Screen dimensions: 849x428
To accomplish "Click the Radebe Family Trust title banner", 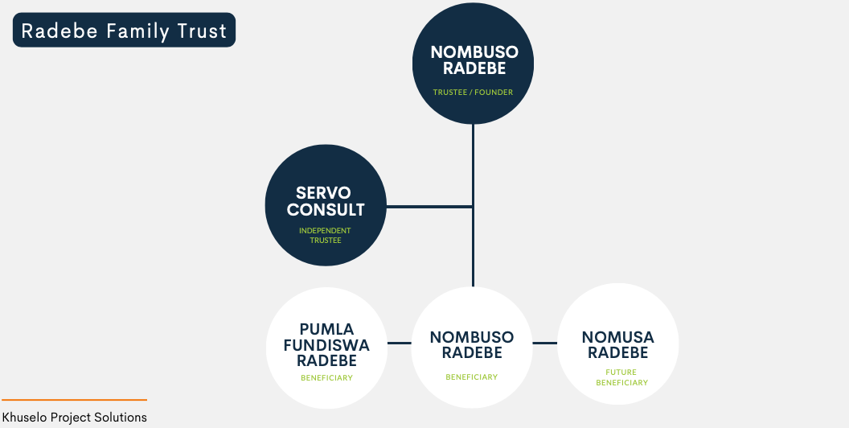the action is [124, 30].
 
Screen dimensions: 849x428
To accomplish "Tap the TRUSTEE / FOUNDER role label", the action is [473, 92].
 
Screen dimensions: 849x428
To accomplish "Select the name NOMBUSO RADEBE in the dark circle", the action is [474, 60].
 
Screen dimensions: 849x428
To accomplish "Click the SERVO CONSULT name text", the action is [326, 201].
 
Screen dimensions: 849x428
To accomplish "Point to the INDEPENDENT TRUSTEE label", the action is [326, 235].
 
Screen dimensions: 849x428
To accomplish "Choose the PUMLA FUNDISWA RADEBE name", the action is [326, 344].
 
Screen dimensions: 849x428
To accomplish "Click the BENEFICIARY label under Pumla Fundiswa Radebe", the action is [326, 377].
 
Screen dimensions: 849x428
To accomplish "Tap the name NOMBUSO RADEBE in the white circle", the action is [472, 344].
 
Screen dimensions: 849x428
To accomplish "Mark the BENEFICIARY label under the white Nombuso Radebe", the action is [472, 377].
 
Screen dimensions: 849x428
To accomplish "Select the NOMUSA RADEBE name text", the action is [617, 345].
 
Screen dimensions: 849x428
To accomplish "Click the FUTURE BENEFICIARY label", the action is [621, 377].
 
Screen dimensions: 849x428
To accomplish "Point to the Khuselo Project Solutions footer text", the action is [74, 418].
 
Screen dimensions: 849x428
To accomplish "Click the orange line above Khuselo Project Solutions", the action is [74, 400].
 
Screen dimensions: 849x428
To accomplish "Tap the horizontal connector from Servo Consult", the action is [429, 207].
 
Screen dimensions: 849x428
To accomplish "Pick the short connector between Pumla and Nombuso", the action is [400, 343].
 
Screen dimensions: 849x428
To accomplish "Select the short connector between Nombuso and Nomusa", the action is [545, 343].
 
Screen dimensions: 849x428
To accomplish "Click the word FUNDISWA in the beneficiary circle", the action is [326, 345].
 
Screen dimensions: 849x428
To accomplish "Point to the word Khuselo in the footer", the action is [24, 418].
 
